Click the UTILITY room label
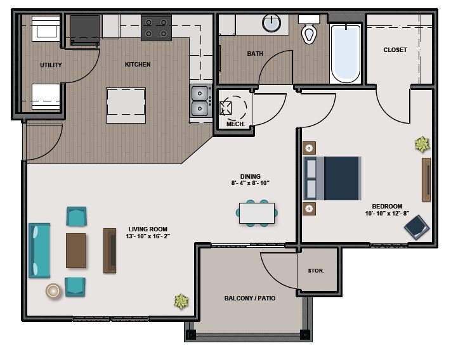50,65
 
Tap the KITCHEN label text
138,64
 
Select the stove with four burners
156,28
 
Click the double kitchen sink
201,101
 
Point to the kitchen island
126,105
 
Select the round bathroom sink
272,23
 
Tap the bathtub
345,53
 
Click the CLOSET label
395,49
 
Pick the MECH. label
235,124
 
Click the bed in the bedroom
332,178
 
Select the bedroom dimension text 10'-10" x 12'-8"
388,214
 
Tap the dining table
257,213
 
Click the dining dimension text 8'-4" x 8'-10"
250,183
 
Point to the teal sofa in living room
39,250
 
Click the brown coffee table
75,250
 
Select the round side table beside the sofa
53,290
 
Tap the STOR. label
316,271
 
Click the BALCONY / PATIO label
249,298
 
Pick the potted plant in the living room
181,302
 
